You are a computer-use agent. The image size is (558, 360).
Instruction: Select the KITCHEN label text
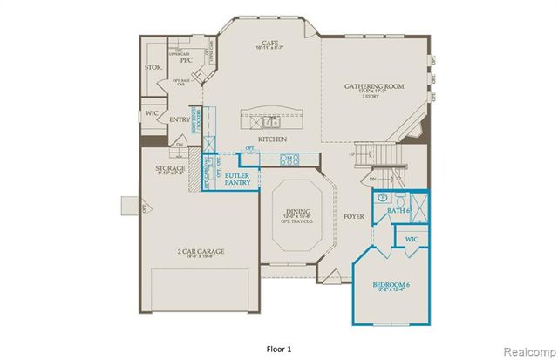272,139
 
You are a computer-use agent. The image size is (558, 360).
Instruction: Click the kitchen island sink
271,122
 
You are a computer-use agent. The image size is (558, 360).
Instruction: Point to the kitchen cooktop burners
290,159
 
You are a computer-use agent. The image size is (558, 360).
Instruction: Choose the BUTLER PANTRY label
237,179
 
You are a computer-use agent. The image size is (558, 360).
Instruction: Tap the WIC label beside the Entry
153,113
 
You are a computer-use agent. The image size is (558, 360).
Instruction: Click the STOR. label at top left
154,67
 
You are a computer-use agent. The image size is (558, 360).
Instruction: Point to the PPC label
186,61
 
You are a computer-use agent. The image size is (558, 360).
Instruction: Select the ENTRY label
180,120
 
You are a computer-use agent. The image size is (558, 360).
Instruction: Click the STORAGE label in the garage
171,168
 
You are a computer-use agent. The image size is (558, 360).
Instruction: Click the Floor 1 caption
278,349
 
